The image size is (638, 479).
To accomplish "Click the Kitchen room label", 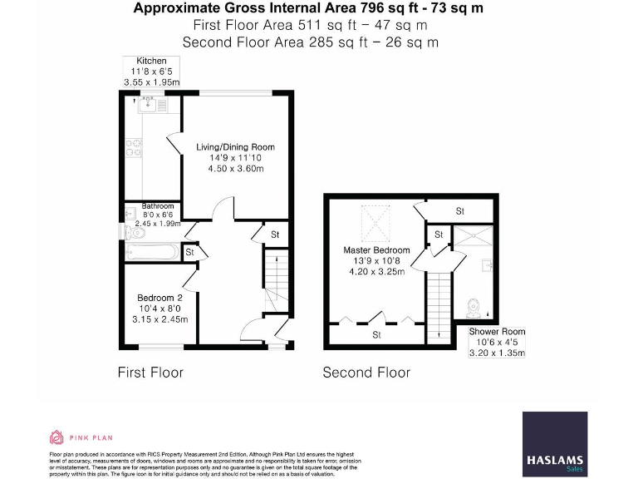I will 151,61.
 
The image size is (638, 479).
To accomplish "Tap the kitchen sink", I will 147,106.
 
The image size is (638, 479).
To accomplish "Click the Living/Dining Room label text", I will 235,147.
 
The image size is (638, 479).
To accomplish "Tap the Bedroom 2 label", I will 159,298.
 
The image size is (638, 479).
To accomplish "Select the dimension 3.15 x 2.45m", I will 164,319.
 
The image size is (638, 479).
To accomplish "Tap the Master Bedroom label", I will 376,249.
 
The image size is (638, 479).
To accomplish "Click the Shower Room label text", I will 496,331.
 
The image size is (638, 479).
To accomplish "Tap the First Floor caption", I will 150,372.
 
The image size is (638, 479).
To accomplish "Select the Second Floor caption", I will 366,372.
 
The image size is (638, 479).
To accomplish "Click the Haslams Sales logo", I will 554,444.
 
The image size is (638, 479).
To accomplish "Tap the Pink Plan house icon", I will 56,437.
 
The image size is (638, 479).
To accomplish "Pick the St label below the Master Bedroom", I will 375,335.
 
